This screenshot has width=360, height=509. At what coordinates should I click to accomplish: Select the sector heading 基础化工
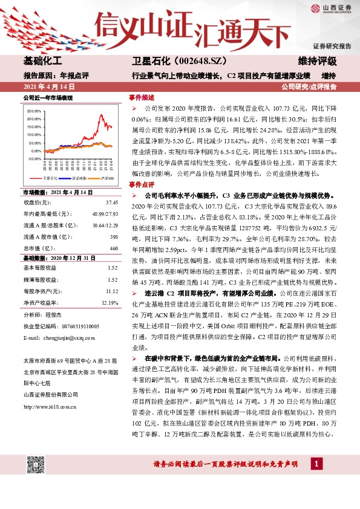coord(43,61)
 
